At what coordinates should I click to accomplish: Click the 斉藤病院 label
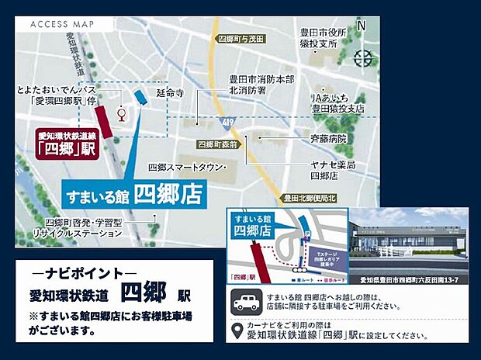329,139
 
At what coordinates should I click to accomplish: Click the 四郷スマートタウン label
187,168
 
